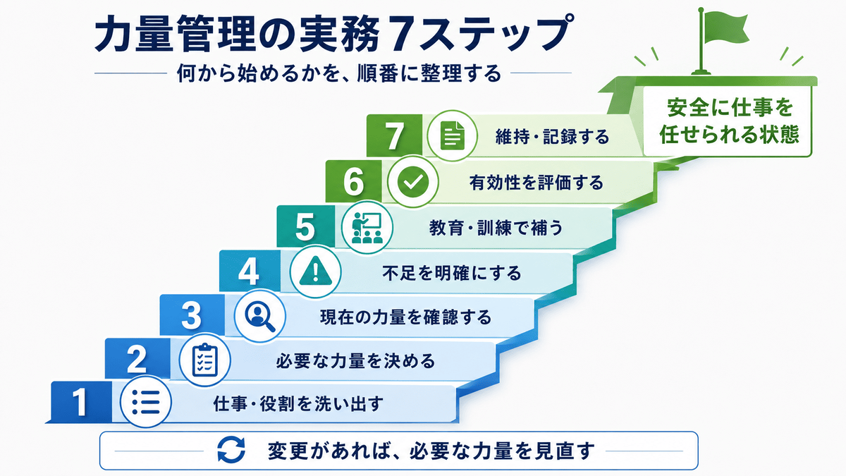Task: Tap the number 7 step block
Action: click(x=394, y=135)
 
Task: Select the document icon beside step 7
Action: click(x=452, y=135)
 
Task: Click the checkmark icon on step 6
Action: click(x=413, y=182)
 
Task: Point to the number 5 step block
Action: click(x=305, y=226)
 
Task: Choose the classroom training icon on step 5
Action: click(x=367, y=227)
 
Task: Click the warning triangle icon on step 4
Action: click(x=315, y=271)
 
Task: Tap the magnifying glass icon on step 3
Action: click(x=260, y=316)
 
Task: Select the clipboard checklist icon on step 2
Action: click(x=204, y=360)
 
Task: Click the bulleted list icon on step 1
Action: click(x=146, y=402)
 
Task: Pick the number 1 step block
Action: click(x=81, y=402)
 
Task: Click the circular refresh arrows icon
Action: click(x=231, y=450)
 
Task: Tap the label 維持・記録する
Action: click(x=552, y=136)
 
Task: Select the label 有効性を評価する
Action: click(x=537, y=183)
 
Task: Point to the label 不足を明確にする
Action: click(x=452, y=273)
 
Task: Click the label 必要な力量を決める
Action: click(x=355, y=361)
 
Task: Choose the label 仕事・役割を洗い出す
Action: click(x=298, y=403)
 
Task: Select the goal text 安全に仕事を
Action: click(x=730, y=107)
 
